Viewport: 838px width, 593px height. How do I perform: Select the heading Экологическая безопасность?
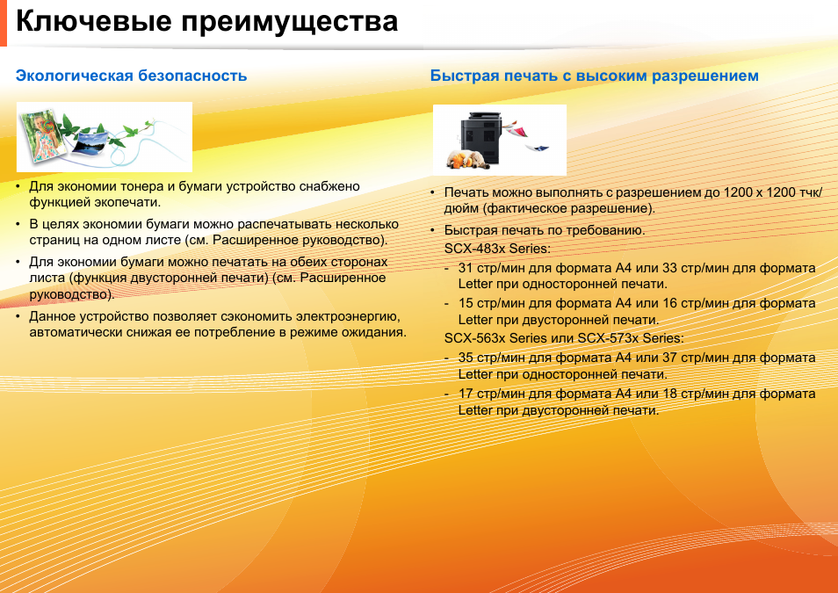tap(131, 76)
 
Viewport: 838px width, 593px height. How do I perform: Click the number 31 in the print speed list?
tap(466, 268)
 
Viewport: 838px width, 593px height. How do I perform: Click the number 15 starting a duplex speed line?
tap(466, 303)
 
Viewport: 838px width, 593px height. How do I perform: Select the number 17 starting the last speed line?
tap(466, 394)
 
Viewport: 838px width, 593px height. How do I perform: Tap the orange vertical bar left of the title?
tap(4, 22)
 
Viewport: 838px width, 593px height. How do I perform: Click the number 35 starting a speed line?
tap(466, 358)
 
